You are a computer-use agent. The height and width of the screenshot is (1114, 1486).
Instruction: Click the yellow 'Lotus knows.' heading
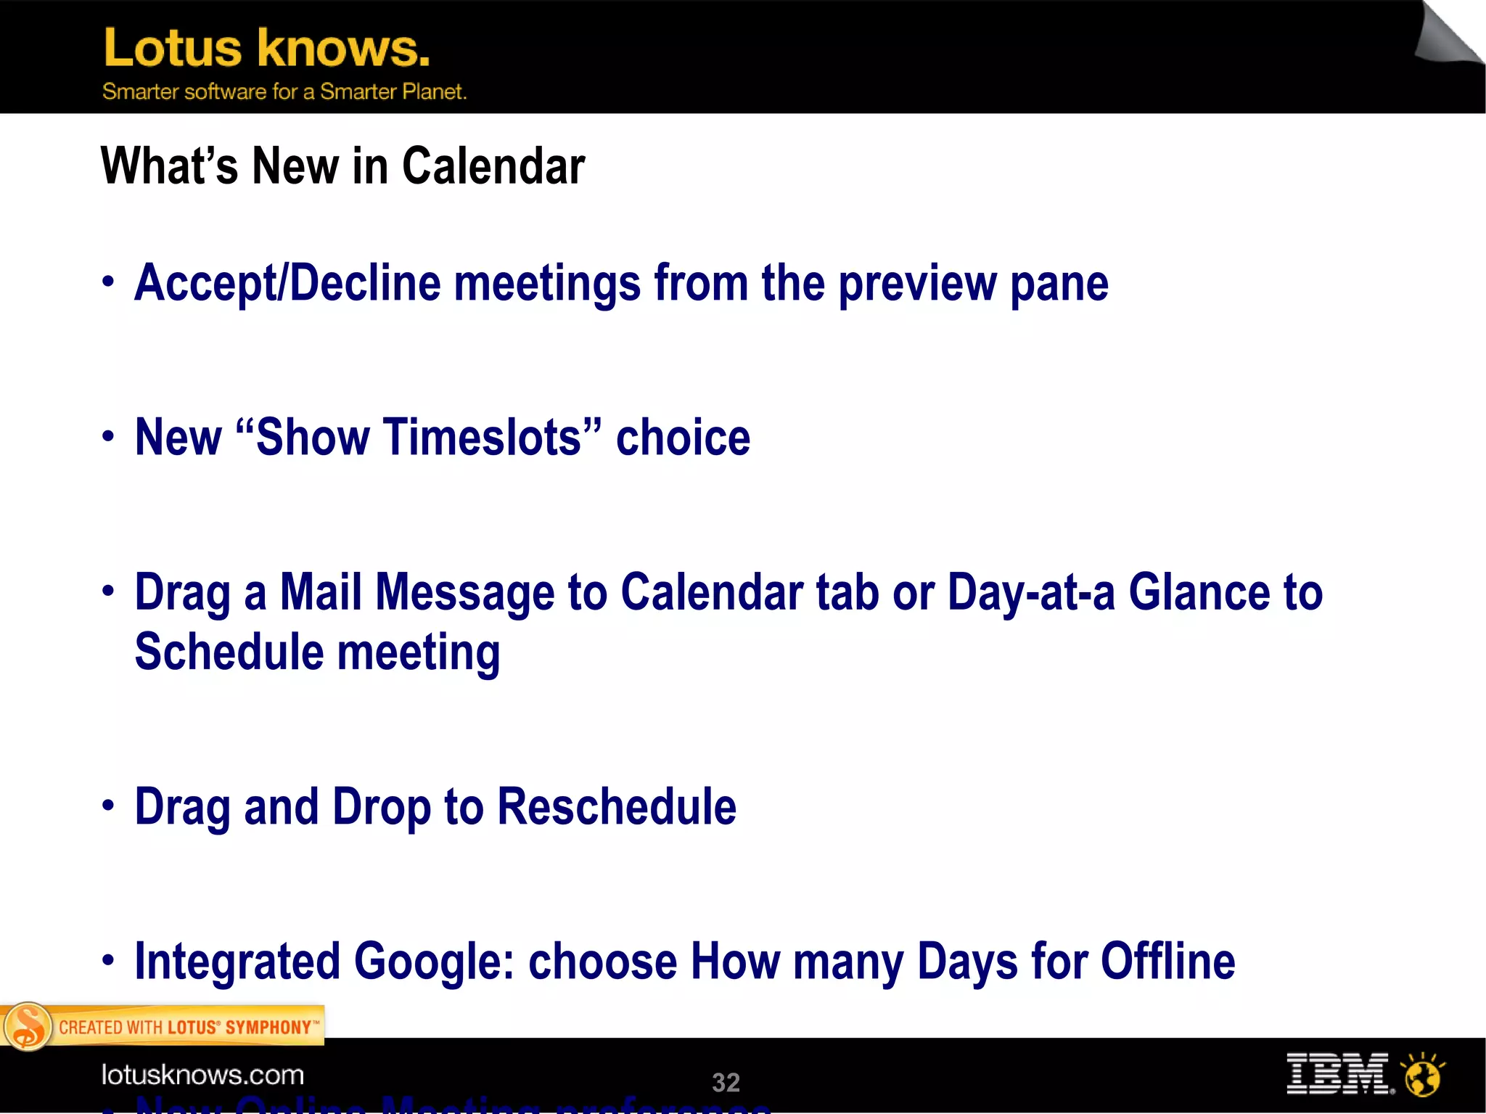tap(266, 48)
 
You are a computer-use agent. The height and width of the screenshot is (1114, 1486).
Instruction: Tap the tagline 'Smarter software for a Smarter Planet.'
tap(284, 91)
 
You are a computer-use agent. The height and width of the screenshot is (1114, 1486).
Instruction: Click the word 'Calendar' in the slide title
tap(493, 165)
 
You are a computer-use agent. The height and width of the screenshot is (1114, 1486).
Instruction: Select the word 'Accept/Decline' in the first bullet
tap(287, 283)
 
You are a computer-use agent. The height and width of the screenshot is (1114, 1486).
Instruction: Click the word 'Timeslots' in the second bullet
tap(419, 438)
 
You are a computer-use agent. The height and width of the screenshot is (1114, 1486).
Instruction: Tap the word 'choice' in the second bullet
tap(683, 438)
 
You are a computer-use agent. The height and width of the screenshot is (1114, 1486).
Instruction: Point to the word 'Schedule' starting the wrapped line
tap(229, 651)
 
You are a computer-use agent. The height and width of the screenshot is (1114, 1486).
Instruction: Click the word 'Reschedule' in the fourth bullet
tap(616, 806)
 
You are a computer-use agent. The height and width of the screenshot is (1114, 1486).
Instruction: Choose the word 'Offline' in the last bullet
tap(1167, 961)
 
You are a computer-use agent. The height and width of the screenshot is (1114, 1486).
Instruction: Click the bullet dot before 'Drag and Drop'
tap(108, 805)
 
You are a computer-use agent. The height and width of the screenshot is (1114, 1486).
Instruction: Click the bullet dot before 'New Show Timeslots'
tap(108, 436)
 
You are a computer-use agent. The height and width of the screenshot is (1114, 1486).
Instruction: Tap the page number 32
tap(726, 1082)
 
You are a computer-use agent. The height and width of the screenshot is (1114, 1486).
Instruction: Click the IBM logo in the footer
tap(1338, 1074)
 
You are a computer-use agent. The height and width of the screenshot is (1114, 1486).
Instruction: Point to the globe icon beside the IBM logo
tap(1422, 1076)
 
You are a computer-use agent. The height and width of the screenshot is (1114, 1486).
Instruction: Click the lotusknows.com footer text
tap(202, 1075)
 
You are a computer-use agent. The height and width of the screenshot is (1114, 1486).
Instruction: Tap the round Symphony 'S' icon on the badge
tap(28, 1026)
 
